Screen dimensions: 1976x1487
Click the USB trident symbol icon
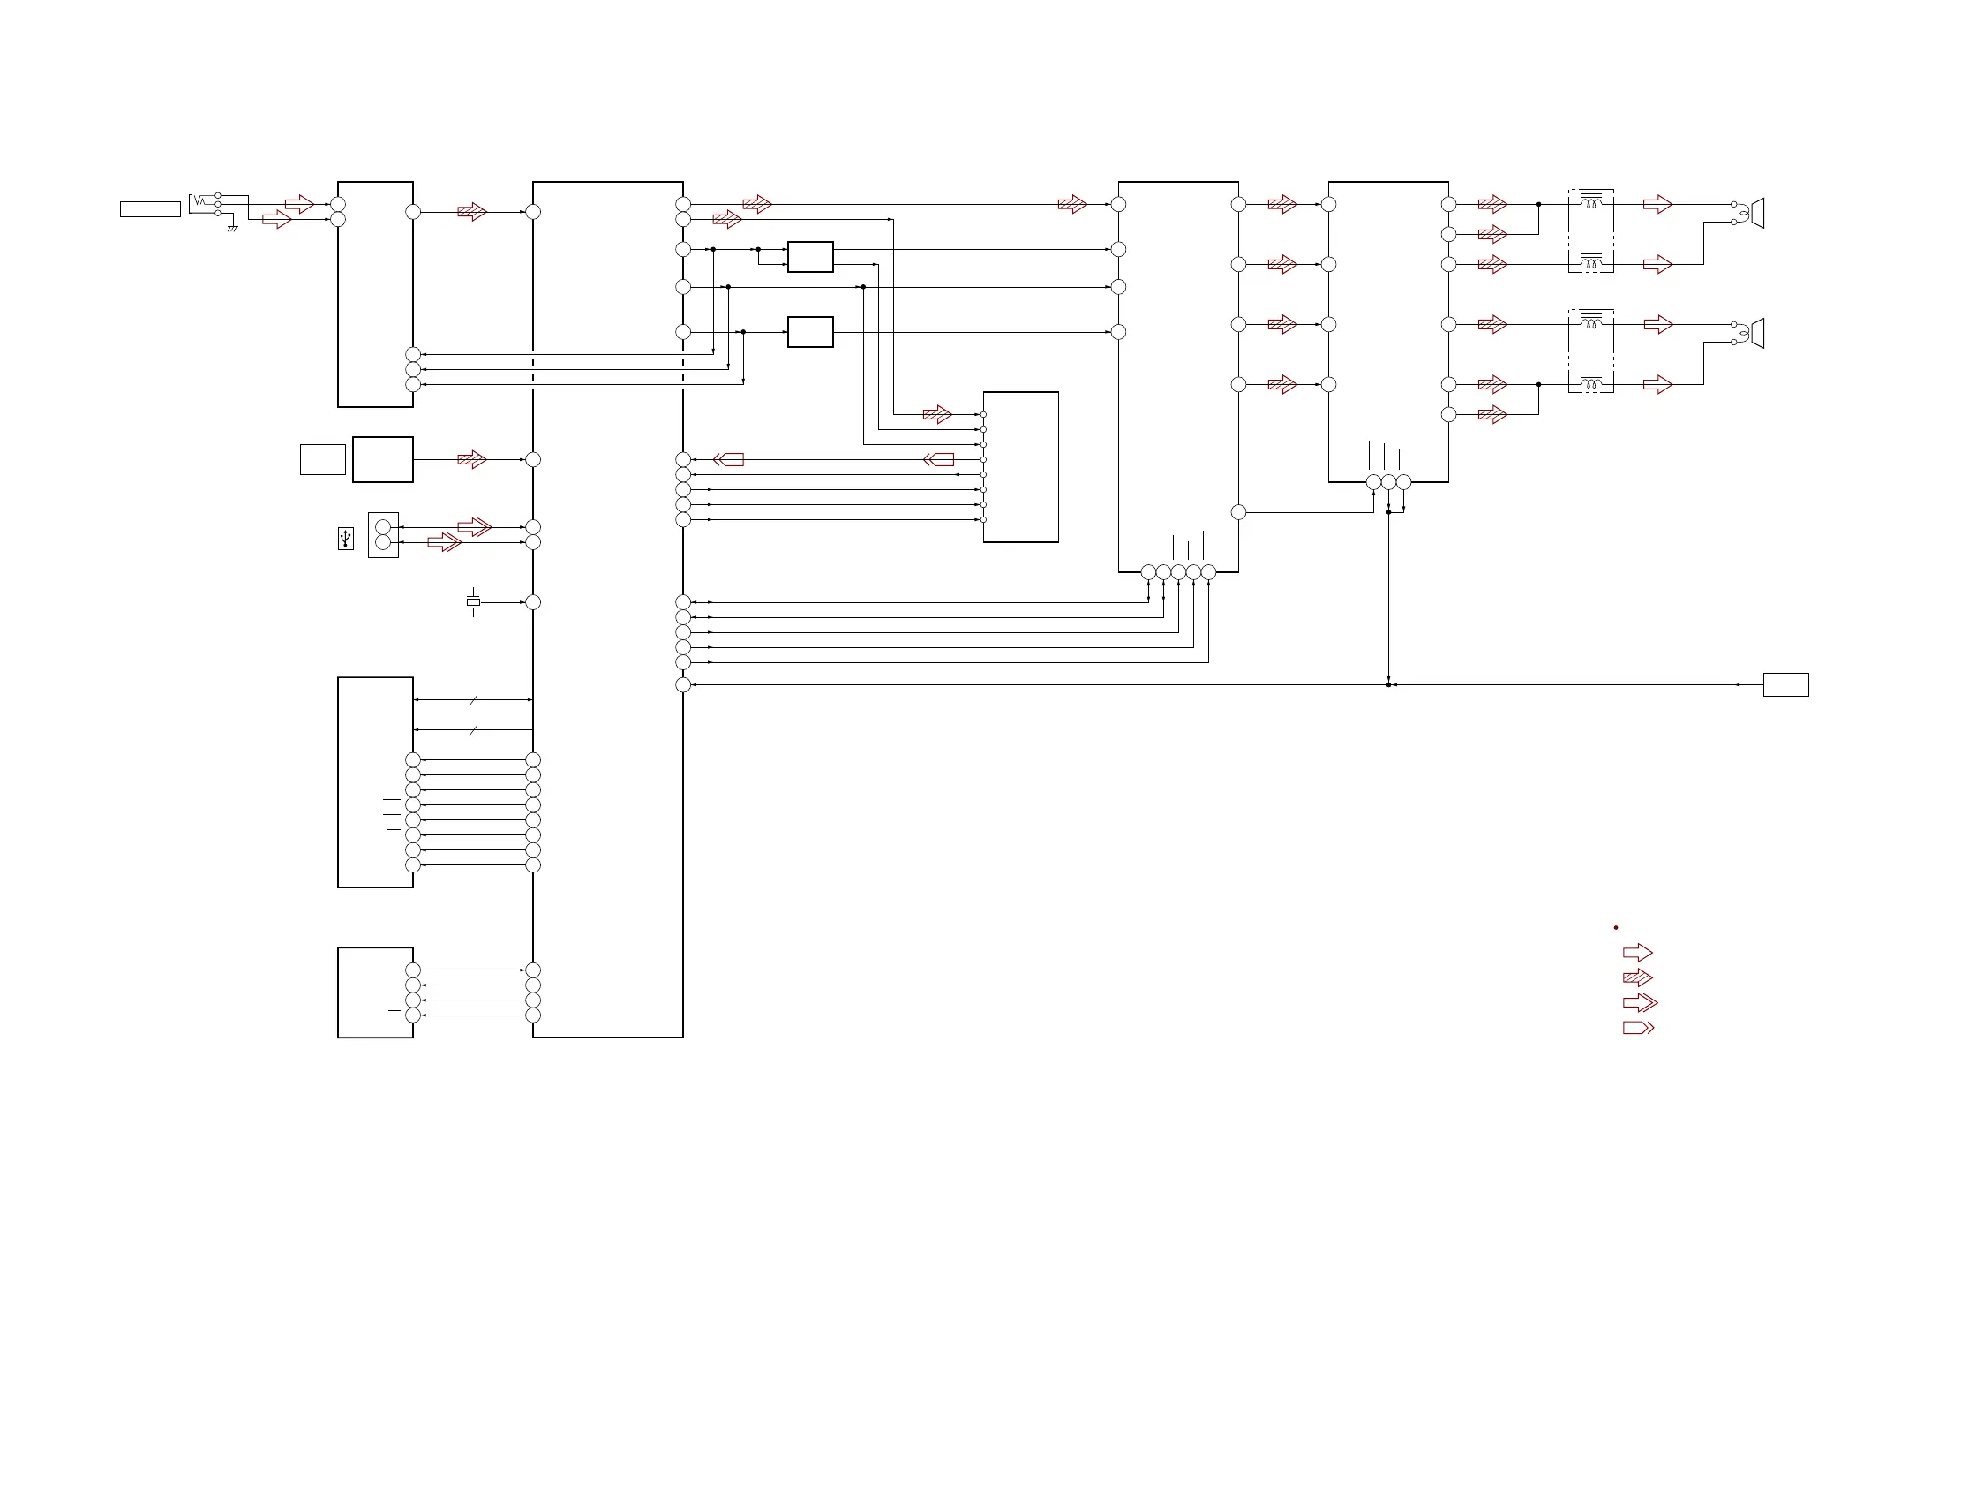click(x=346, y=538)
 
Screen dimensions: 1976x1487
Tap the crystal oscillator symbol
click(x=472, y=602)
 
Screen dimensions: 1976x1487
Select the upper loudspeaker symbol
click(x=1757, y=213)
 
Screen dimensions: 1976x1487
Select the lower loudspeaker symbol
click(x=1757, y=333)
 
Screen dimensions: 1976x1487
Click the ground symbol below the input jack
click(x=232, y=229)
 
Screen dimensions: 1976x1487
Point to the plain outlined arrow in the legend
click(x=1637, y=953)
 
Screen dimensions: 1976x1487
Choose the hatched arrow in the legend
click(x=1637, y=977)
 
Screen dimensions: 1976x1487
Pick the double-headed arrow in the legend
click(x=1639, y=1002)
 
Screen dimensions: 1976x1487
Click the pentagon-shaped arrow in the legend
click(x=1637, y=1028)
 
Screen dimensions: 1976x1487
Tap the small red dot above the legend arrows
click(x=1616, y=927)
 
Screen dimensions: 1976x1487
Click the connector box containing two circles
click(x=383, y=534)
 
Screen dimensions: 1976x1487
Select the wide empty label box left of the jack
click(x=150, y=209)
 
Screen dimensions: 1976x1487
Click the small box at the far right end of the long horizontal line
click(x=1785, y=684)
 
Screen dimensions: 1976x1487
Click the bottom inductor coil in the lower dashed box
click(x=1591, y=385)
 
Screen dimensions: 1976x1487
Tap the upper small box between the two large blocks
click(x=810, y=256)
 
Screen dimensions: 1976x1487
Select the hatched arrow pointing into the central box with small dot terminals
click(x=937, y=415)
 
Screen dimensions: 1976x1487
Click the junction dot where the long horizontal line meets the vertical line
click(x=1388, y=684)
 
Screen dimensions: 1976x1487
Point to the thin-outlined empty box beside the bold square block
click(x=322, y=459)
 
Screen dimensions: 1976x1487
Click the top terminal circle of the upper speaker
click(x=1734, y=205)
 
